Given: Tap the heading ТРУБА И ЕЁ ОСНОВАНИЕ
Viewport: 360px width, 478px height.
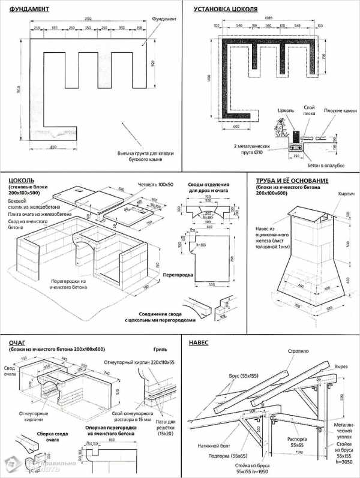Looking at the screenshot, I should pyautogui.click(x=292, y=181).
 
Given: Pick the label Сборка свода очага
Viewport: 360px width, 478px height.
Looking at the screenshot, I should pyautogui.click(x=31, y=435).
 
